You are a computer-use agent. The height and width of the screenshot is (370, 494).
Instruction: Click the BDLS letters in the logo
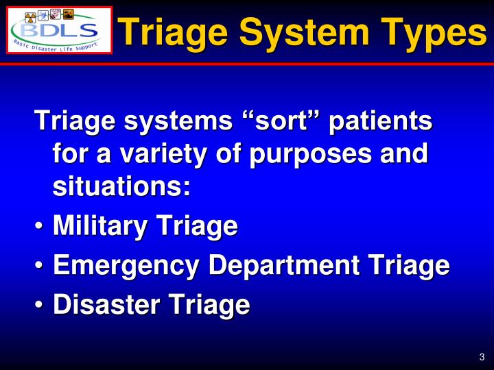[59, 30]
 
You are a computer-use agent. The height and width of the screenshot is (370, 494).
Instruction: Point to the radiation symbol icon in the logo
[31, 16]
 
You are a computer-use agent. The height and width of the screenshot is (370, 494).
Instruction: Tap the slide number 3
[482, 356]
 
